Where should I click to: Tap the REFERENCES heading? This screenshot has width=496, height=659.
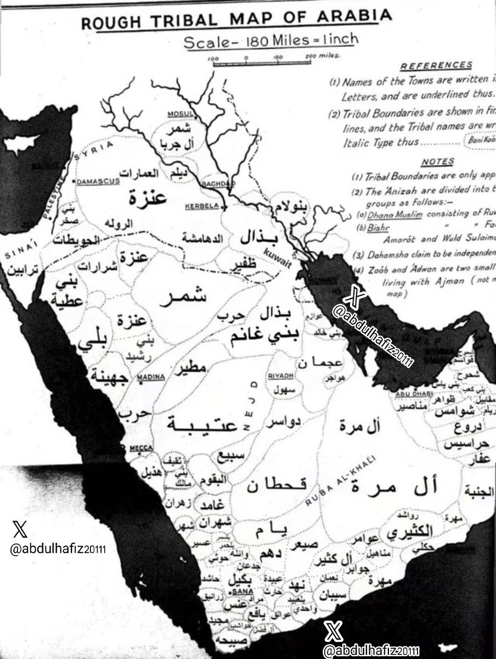tap(436, 65)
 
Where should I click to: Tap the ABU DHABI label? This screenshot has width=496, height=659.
tap(410, 393)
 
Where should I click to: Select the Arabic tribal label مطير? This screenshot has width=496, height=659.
tap(189, 370)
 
